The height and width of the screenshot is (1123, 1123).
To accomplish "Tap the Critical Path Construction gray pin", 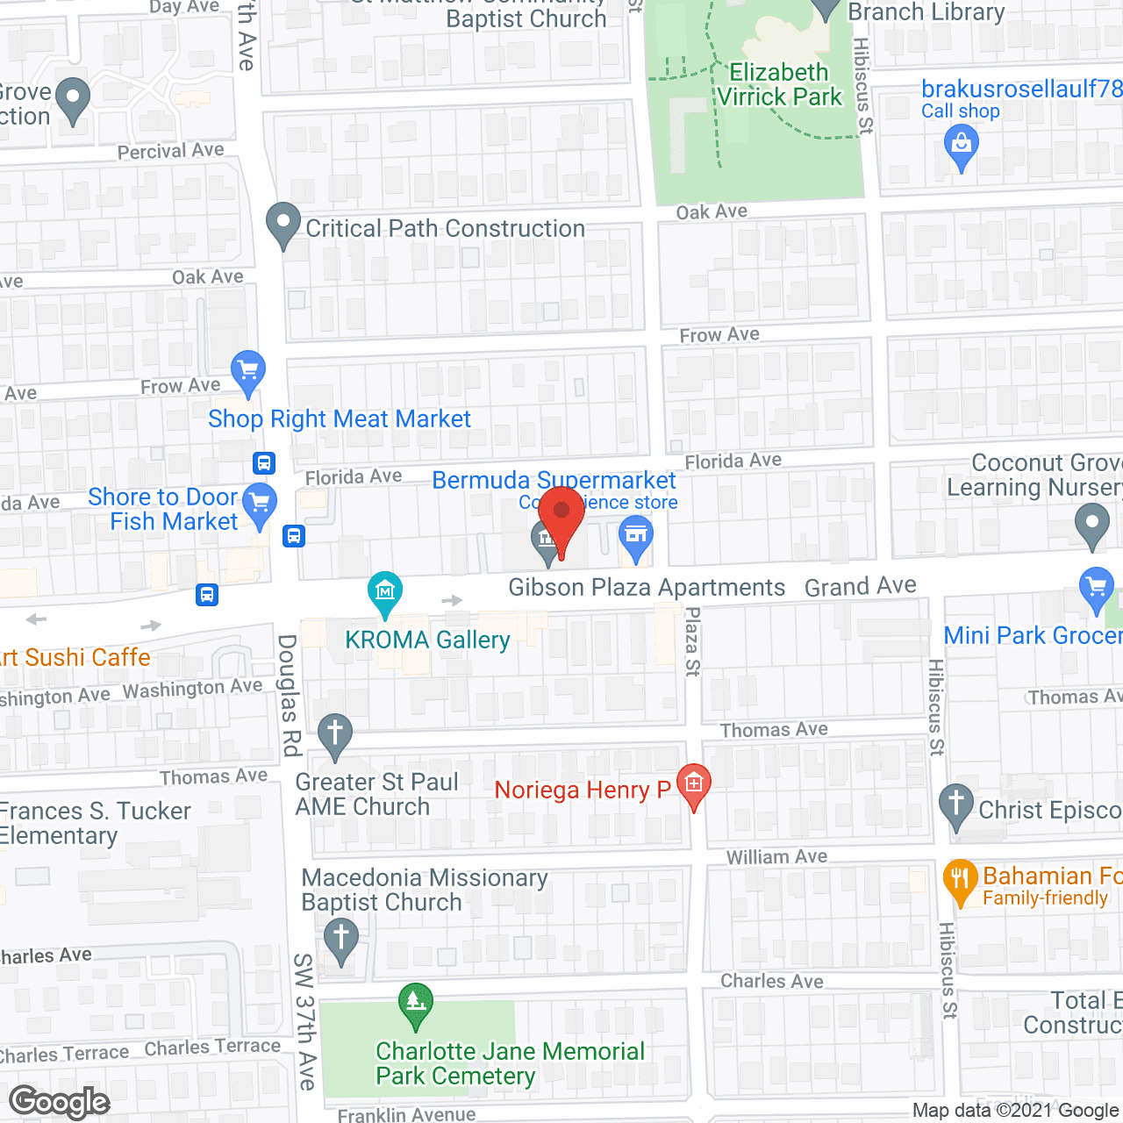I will click(283, 225).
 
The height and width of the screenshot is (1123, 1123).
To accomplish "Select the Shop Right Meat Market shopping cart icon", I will click(248, 372).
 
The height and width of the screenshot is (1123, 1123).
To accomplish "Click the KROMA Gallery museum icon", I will click(385, 593).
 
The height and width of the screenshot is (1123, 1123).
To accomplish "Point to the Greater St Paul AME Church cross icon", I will click(334, 735).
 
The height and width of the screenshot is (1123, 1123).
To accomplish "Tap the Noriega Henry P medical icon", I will click(694, 784).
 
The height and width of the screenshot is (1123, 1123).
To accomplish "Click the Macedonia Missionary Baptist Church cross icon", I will click(341, 941).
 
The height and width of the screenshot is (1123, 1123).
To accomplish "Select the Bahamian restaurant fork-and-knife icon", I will click(961, 881).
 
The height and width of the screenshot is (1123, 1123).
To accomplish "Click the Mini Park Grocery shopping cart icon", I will click(1096, 589).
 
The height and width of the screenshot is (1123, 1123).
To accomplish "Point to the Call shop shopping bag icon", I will click(962, 146).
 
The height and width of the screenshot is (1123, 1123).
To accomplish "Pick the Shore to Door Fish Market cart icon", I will click(260, 505).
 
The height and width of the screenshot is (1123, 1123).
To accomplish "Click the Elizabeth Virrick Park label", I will click(779, 85).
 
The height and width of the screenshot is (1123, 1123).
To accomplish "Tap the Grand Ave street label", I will click(860, 586).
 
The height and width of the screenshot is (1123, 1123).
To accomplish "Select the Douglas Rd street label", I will click(290, 695).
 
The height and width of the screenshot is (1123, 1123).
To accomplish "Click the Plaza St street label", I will click(692, 641).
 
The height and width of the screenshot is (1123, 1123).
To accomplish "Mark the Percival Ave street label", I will click(171, 151).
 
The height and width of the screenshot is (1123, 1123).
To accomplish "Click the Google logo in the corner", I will click(59, 1102).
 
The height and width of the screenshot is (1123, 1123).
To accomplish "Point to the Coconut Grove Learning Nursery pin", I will click(1091, 526).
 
